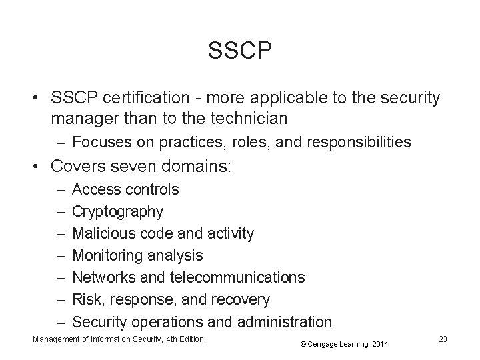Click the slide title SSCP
click(240, 51)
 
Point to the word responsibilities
click(353, 142)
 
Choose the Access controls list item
click(125, 190)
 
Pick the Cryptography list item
click(117, 212)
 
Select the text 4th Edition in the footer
click(182, 340)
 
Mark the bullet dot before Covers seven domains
click(40, 167)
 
